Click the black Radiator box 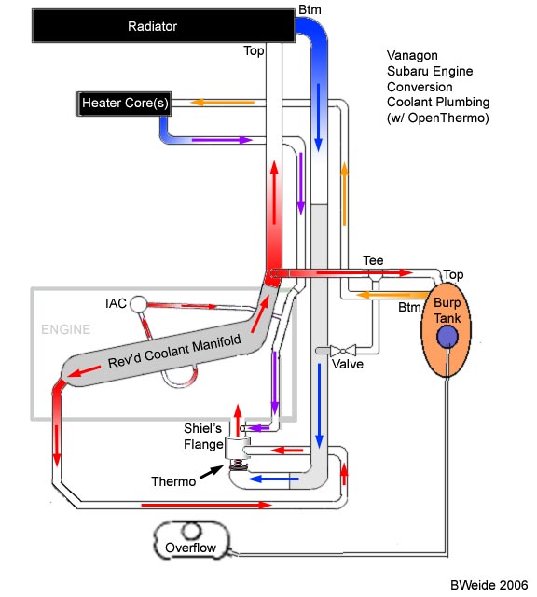163,26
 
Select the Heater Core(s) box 124,104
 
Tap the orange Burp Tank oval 446,329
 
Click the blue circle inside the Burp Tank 447,337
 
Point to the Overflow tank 192,540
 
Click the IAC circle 139,304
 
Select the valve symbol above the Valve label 343,351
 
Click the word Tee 373,260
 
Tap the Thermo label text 173,481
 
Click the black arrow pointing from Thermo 212,472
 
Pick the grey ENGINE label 66,329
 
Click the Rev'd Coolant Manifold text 174,352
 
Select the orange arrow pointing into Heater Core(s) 222,102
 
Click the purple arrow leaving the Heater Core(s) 222,140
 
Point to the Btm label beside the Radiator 310,9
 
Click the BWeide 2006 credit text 489,585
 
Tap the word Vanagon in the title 412,56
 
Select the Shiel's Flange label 203,437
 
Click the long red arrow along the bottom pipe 207,505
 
